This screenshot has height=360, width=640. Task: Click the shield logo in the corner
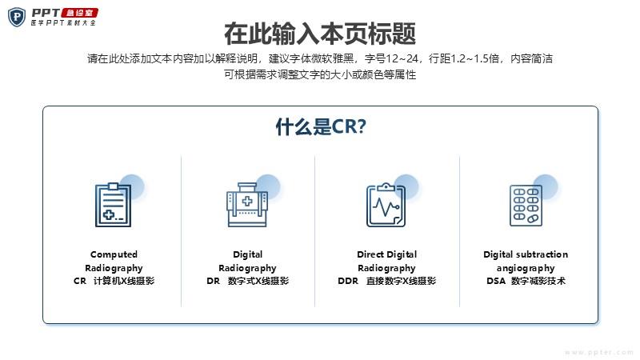coord(17,17)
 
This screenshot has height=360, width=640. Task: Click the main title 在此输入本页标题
coord(320,34)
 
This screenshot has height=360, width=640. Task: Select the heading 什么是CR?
coord(321,126)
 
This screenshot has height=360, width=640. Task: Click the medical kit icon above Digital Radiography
coord(247,205)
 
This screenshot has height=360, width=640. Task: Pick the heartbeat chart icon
coord(386,205)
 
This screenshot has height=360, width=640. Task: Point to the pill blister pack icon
coord(526,205)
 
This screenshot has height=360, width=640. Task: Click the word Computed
coord(114,254)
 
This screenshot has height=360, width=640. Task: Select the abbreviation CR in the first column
coord(80,281)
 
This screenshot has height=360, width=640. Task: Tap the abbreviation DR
coord(213,281)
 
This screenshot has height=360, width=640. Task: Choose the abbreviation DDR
coord(348,281)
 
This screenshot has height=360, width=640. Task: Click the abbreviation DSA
coord(496,281)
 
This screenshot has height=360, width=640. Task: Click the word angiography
coord(526,269)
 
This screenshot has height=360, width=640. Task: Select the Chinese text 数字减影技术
coord(538,281)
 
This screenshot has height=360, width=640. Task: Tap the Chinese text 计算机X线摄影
coord(124,281)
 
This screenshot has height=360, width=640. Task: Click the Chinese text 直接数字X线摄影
coord(402,281)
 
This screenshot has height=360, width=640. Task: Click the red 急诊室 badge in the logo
coord(79,13)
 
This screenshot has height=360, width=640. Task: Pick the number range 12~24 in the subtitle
coord(402,58)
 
